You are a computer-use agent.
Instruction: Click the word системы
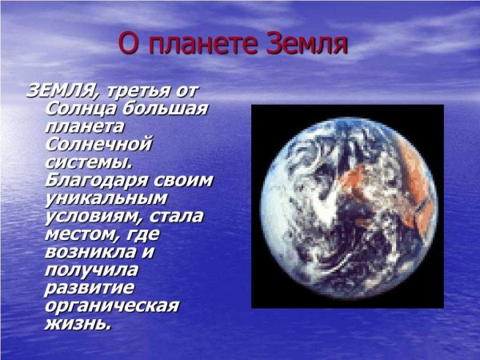click(x=88, y=162)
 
